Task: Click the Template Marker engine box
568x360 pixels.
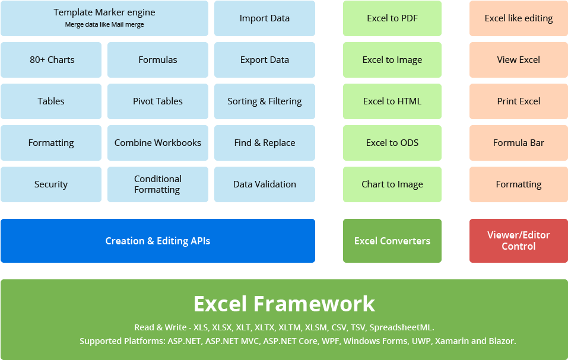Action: pyautogui.click(x=104, y=18)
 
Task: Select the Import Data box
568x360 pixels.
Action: pyautogui.click(x=265, y=18)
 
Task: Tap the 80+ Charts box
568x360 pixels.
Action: pyautogui.click(x=52, y=60)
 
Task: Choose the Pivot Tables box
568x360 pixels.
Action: pyautogui.click(x=158, y=101)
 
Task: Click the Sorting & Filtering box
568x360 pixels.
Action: pyautogui.click(x=265, y=101)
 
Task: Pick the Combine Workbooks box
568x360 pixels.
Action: pyautogui.click(x=158, y=143)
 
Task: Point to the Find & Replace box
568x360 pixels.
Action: pyautogui.click(x=265, y=143)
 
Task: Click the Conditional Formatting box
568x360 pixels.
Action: pyautogui.click(x=158, y=184)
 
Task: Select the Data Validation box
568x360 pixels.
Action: pyautogui.click(x=265, y=184)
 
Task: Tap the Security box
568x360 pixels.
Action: pyautogui.click(x=51, y=184)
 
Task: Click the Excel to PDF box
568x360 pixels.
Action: pyautogui.click(x=392, y=18)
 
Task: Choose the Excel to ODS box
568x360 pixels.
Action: pyautogui.click(x=392, y=143)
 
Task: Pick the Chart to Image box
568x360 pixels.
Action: pyautogui.click(x=392, y=184)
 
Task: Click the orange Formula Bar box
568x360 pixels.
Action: pyautogui.click(x=519, y=143)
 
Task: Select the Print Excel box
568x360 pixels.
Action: pyautogui.click(x=519, y=101)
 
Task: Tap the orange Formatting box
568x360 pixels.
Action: pyautogui.click(x=519, y=184)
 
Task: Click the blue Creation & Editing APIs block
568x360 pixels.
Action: pyautogui.click(x=158, y=241)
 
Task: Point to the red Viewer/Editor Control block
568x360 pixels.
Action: pyautogui.click(x=519, y=241)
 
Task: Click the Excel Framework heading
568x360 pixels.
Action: pyautogui.click(x=284, y=304)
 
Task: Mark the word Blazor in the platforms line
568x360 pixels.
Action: pyautogui.click(x=502, y=341)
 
